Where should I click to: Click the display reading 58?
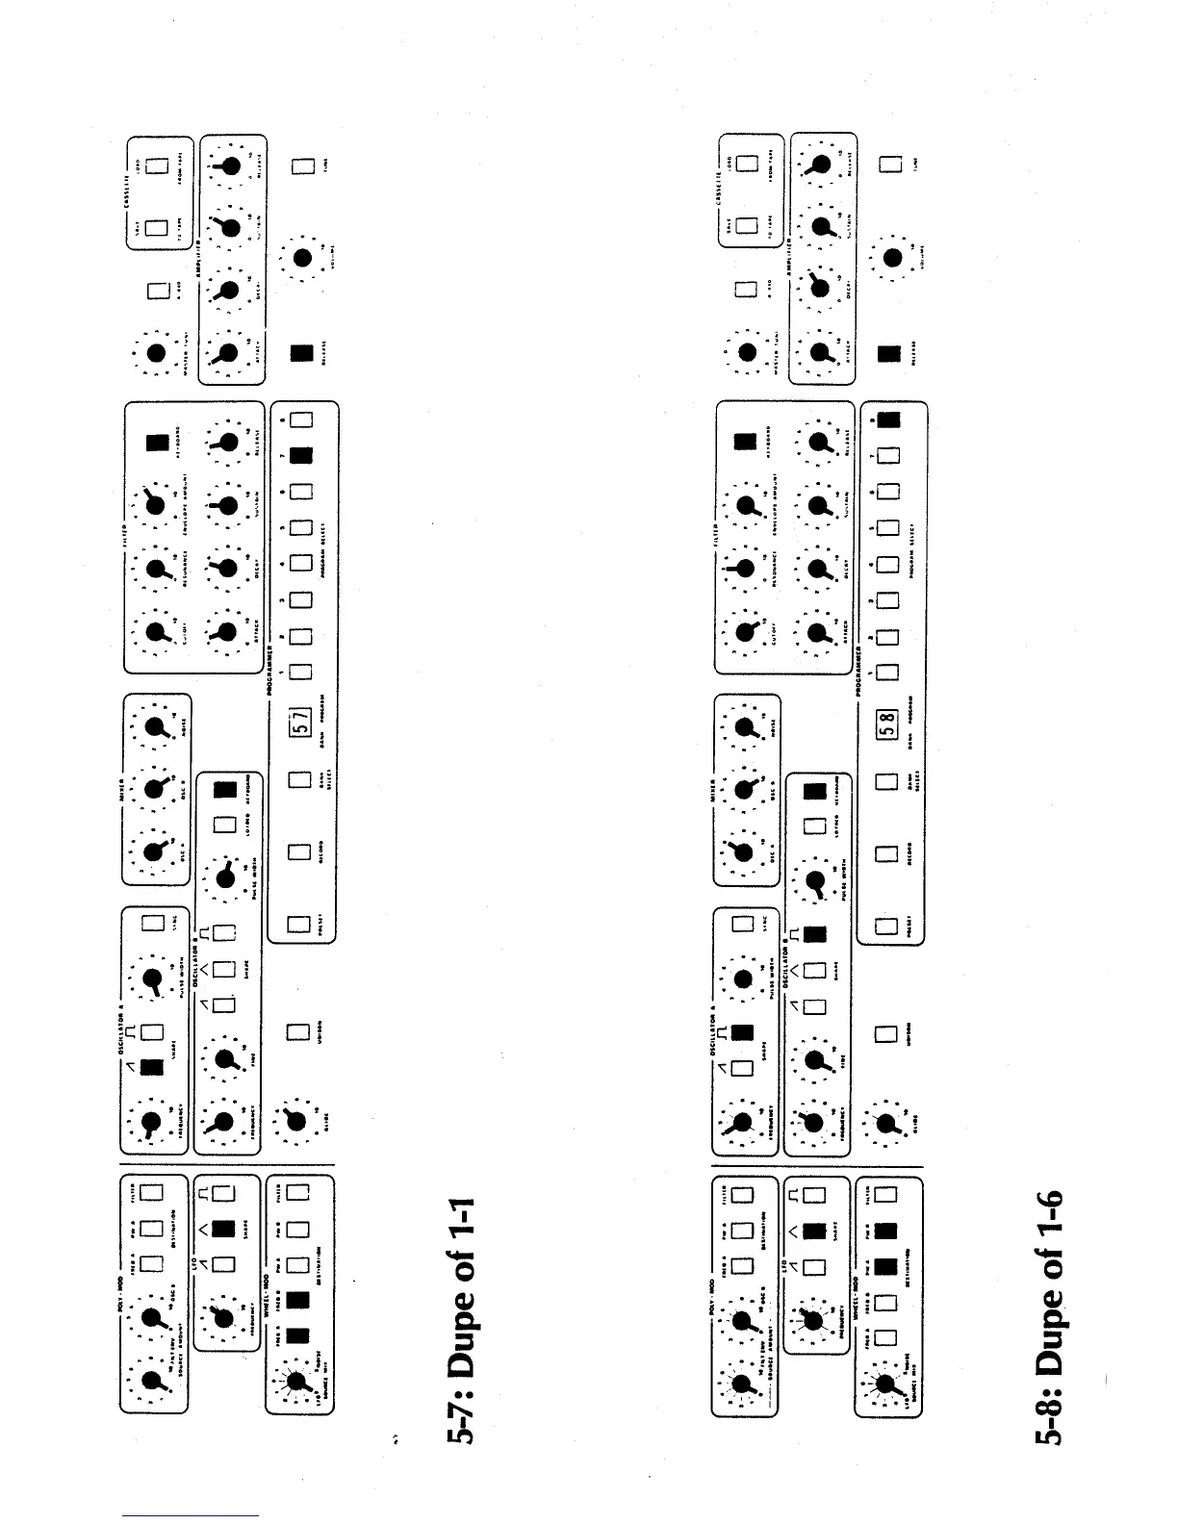click(888, 718)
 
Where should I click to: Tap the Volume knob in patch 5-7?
click(302, 258)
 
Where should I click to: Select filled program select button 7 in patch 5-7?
click(301, 454)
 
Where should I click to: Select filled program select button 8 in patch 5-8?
click(890, 419)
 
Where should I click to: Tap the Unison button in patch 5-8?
click(888, 1035)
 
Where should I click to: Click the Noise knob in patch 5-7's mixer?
click(155, 732)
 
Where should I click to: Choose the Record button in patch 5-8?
click(888, 852)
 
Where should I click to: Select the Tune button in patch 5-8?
click(890, 165)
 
